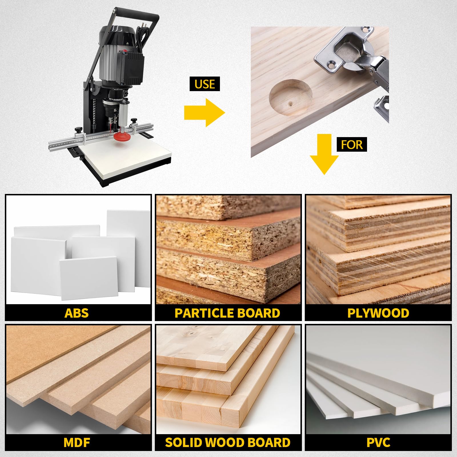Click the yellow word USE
pos(205,84)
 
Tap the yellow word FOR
pos(352,145)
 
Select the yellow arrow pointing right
pos(205,113)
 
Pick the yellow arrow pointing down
pos(324,154)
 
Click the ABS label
pos(77,313)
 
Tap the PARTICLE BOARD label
pos(227,313)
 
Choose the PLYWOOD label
pos(378,313)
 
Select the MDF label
pos(77,443)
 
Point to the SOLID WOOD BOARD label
pos(228,443)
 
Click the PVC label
pos(378,443)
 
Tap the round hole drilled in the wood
pos(290,97)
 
